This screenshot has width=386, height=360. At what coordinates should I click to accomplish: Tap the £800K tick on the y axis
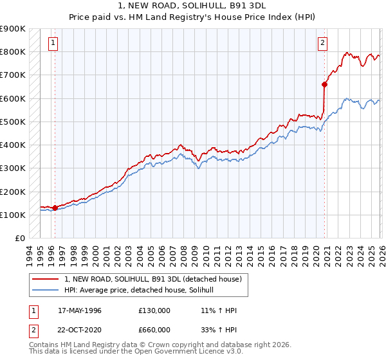coord(13,51)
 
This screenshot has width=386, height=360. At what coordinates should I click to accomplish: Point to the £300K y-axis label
coord(13,168)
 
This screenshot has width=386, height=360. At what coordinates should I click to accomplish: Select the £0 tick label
coord(19,239)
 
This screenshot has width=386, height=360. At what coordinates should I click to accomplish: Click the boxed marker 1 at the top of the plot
coord(53,43)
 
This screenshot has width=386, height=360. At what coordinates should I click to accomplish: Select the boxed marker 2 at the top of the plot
coord(322,43)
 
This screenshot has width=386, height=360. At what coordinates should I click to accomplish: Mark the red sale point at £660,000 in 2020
coord(324,84)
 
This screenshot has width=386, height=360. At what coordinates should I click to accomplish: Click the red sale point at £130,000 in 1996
coord(55,208)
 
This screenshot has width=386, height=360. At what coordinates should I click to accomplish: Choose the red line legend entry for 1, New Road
coord(152,279)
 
